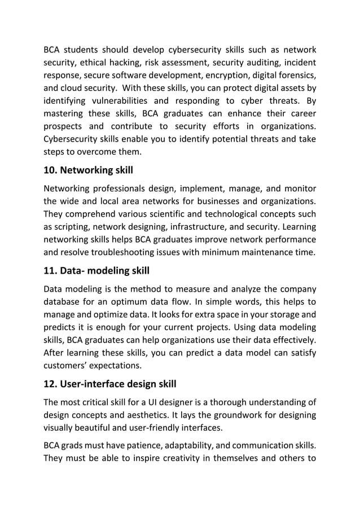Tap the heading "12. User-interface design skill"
(110, 384)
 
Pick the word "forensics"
(293, 76)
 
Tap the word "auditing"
(248, 63)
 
